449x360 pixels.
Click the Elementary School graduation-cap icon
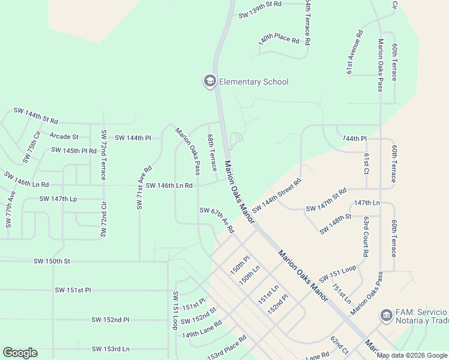tap(209, 82)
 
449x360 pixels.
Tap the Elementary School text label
tap(253, 82)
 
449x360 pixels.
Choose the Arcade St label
tap(64, 137)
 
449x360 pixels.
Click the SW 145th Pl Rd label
tap(74, 150)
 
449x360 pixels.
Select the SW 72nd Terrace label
tap(103, 155)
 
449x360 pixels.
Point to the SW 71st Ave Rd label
tap(140, 188)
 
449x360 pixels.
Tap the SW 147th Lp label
tap(58, 199)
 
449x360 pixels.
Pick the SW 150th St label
tap(52, 261)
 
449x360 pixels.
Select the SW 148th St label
tap(336, 223)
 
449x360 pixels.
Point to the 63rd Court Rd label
tap(365, 236)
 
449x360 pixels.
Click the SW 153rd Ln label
tap(111, 349)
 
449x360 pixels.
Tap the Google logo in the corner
tap(20, 353)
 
